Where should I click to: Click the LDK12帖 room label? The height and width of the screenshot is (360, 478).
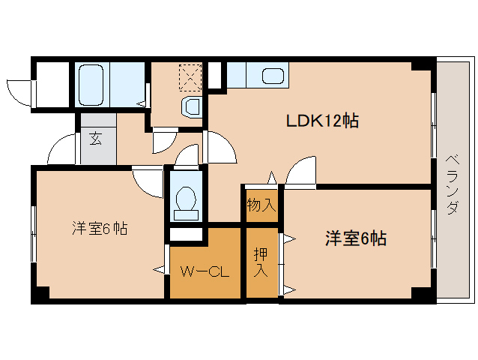coord(322,121)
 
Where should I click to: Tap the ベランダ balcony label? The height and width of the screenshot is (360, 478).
coord(453,185)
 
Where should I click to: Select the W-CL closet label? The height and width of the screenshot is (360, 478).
coord(205,271)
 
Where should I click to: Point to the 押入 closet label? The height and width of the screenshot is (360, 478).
coord(261,262)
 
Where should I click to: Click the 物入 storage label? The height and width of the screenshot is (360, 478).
coord(261,205)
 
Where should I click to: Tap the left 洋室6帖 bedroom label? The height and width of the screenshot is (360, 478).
coord(100,228)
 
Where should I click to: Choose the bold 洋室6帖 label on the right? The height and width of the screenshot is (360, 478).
coord(356,238)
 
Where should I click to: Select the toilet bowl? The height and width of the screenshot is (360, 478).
coord(186,199)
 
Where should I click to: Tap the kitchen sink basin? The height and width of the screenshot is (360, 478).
coord(273,76)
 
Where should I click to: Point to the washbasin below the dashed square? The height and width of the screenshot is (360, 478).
coord(192,108)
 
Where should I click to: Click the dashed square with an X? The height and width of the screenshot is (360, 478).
coord(190,78)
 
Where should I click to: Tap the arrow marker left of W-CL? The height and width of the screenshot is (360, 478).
coord(160,269)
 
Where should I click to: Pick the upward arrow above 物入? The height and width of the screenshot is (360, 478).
coord(272,178)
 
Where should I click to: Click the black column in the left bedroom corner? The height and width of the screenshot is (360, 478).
coord(40,295)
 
